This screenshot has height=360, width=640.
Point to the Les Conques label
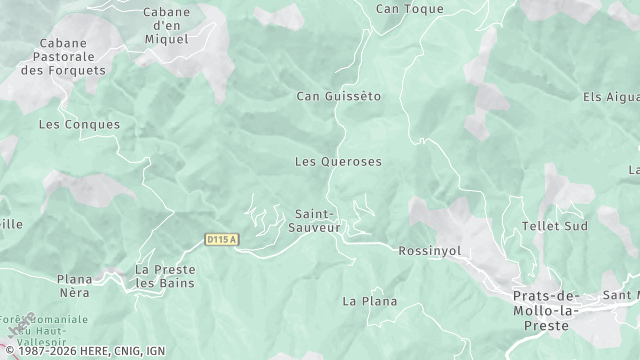[79, 125]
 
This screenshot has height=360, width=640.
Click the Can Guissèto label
[339, 97]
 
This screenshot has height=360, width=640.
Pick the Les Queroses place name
[338, 161]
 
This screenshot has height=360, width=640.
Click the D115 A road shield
[221, 239]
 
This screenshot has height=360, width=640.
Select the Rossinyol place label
[430, 251]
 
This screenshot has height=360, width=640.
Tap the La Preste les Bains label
[166, 276]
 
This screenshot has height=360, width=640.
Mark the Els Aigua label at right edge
[611, 97]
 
